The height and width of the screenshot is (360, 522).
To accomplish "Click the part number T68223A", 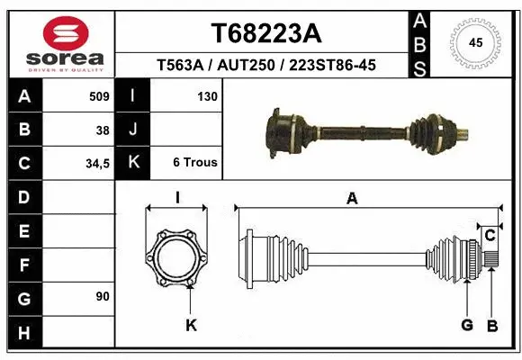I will click(x=265, y=32).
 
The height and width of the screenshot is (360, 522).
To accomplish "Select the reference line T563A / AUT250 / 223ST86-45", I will click(x=265, y=65).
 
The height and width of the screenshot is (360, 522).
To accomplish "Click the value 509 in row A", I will click(x=99, y=96).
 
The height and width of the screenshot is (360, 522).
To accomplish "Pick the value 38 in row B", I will click(x=103, y=130).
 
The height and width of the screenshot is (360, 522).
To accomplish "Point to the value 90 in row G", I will click(x=103, y=296).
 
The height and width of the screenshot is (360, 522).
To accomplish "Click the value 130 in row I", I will click(x=206, y=96).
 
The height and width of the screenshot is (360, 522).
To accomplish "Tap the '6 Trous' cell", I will click(x=194, y=163).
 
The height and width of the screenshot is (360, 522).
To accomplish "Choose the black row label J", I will click(x=132, y=130).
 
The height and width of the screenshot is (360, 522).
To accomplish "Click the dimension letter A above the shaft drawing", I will click(x=352, y=199).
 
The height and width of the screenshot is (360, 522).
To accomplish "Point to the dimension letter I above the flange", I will click(x=177, y=199).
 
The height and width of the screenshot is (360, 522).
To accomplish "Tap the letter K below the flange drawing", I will click(x=191, y=325).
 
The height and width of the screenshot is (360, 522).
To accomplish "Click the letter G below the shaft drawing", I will click(x=466, y=325).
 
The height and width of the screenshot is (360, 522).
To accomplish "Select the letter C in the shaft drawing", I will click(x=490, y=236).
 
